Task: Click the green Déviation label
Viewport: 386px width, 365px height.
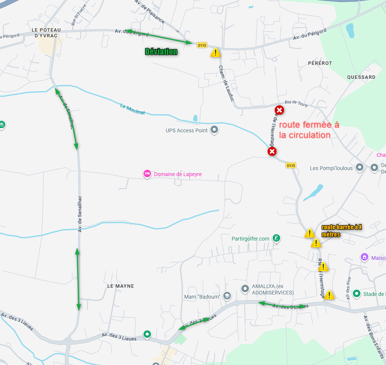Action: pos(161,52)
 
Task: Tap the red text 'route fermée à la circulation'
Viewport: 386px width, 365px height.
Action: pos(309,130)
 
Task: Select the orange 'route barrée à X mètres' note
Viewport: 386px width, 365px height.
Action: pos(342,231)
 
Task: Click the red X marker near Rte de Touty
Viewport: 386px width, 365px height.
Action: pos(279,110)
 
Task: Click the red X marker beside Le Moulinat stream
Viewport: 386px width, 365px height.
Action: pos(272,152)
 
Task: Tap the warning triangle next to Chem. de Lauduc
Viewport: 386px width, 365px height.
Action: pos(215,53)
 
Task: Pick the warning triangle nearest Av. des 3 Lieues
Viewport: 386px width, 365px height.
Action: pos(329,295)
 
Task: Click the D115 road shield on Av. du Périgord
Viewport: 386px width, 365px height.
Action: pos(202,45)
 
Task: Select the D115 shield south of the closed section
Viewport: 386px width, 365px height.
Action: pos(291,166)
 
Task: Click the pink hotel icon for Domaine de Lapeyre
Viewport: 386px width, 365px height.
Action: pos(147,174)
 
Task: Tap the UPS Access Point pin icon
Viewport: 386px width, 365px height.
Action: pos(214,130)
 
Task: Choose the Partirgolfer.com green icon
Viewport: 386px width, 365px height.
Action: pos(277,238)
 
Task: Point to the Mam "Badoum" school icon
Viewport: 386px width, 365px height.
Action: pos(227,296)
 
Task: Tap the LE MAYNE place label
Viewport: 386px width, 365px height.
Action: pos(121,286)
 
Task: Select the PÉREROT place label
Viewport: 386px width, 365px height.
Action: pos(320,63)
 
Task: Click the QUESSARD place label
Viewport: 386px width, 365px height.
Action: pos(361,77)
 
